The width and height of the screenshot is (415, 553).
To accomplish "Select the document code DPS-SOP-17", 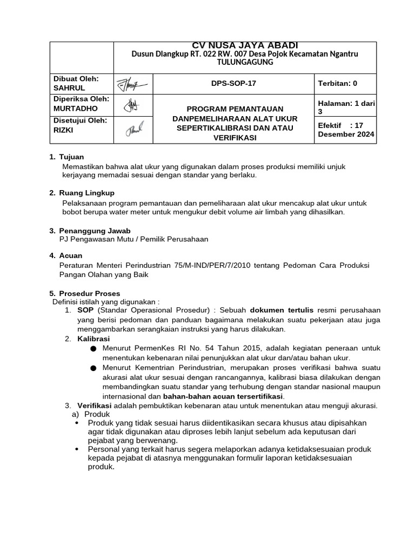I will click(x=233, y=83).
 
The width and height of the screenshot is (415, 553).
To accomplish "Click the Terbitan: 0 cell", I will click(x=337, y=83).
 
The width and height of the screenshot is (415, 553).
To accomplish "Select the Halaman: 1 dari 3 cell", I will click(x=346, y=106).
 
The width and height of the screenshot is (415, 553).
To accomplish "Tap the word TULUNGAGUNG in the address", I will click(x=245, y=62).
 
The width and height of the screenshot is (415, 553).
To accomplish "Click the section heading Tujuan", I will click(x=71, y=157).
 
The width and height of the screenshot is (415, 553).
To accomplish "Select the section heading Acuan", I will click(x=70, y=255).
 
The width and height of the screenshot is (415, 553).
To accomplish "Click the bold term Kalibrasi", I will click(x=93, y=339).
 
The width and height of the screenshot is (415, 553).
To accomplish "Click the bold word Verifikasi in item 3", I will click(x=95, y=406).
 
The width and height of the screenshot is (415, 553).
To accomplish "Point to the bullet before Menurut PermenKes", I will click(x=93, y=349).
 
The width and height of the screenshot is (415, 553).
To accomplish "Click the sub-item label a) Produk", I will click(x=91, y=414).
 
